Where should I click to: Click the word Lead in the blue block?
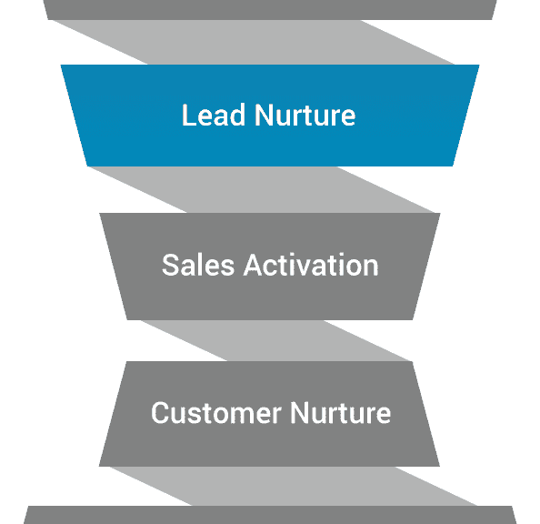pos(214,115)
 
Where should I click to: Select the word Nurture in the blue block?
pos(305,115)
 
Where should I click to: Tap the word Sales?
pos(198,265)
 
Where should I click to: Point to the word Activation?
pos(311,265)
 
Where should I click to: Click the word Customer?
pos(216,413)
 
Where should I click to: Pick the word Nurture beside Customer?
pos(341,413)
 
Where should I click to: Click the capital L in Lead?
pos(189,115)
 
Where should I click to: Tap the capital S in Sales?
pos(170,265)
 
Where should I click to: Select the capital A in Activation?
pos(254,265)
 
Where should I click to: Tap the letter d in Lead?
pos(237,115)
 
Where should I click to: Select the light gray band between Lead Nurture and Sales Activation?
pos(261,189)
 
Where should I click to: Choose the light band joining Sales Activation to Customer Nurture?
pos(275,340)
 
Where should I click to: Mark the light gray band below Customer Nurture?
pos(293,486)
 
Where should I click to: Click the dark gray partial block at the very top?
pos(270,10)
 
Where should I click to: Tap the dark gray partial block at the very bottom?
pos(270,515)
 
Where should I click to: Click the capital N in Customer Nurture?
pos(299,413)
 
